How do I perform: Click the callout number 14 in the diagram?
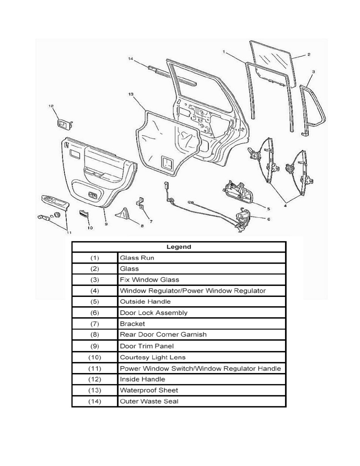[x=131, y=59]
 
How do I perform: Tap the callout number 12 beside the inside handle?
[x=51, y=106]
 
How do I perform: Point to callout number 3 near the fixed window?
[x=313, y=72]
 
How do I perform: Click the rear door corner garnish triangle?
[x=125, y=213]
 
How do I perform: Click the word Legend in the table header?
[x=178, y=247]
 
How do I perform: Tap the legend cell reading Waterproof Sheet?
[x=149, y=390]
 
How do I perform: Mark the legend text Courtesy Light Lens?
[x=153, y=357]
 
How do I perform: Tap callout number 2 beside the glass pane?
[x=309, y=55]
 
